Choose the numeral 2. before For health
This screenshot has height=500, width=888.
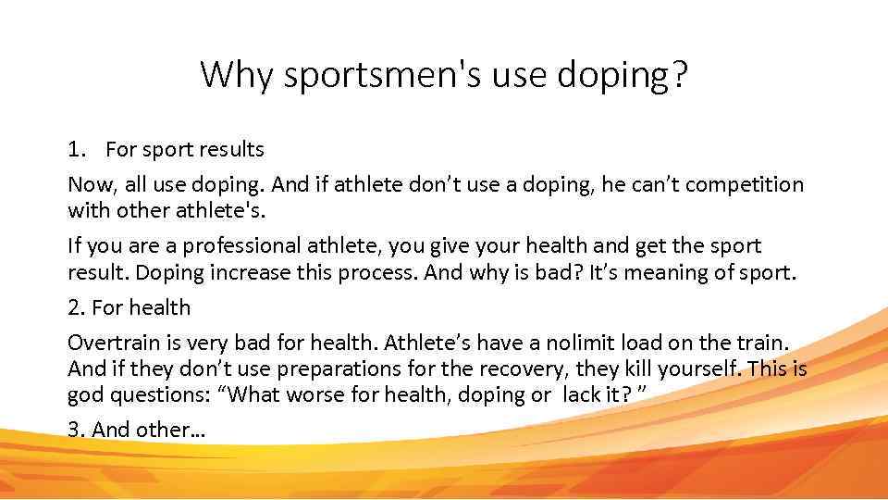pos(77,307)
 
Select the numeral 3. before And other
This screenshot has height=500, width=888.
pos(77,431)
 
